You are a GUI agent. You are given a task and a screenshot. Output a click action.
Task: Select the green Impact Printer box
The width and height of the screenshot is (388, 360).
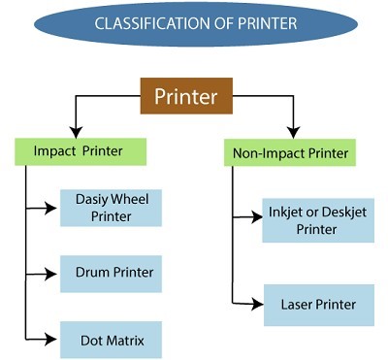click(x=81, y=150)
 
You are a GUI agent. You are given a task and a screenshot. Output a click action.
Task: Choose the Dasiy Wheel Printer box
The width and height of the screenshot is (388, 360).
click(x=111, y=208)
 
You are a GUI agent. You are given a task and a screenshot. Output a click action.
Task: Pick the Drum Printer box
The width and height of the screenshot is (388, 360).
click(x=111, y=273)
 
